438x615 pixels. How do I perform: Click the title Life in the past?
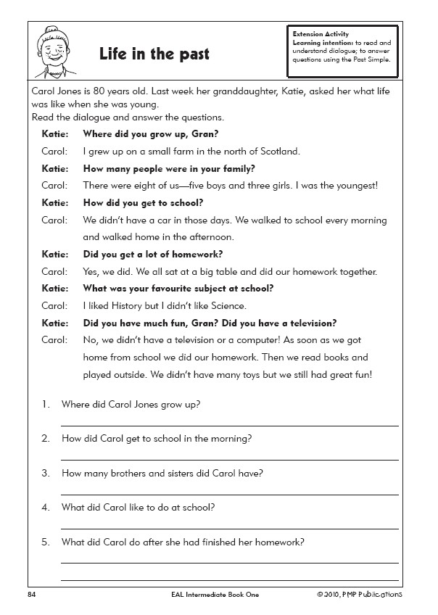tap(154, 54)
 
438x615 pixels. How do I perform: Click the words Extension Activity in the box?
tap(321, 34)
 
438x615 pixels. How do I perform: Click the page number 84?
tap(31, 595)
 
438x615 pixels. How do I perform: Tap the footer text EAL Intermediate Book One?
tap(210, 595)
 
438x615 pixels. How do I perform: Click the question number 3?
tap(45, 474)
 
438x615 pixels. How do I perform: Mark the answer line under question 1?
tap(229, 424)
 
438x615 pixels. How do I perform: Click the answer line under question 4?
tap(229, 528)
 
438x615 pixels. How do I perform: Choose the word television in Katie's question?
tap(295, 323)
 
